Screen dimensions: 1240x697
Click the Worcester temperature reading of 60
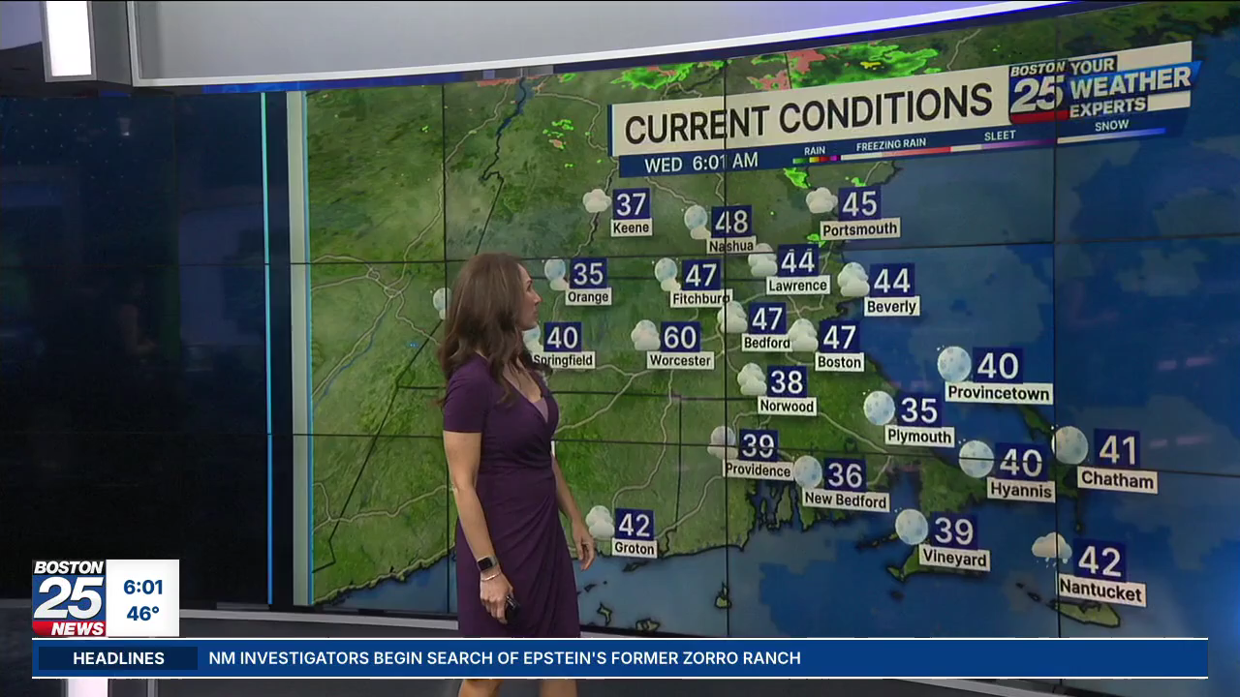680,337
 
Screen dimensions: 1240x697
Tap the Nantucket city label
1101,590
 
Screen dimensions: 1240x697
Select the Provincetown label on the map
999,393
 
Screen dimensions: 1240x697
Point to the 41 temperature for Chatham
1117,449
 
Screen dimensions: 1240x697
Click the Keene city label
631,227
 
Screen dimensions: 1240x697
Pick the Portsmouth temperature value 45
859,203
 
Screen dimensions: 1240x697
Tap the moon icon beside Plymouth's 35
879,408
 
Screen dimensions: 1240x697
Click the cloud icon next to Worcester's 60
645,336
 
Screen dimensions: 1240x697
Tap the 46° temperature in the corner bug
142,614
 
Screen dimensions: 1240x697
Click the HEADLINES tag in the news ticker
119,658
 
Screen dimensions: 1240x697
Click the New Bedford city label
846,500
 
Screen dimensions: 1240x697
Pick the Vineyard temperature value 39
953,530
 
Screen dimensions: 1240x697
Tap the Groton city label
635,548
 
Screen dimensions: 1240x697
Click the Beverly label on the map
891,306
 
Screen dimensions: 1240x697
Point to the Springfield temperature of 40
562,337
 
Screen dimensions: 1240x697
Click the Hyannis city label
1021,490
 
